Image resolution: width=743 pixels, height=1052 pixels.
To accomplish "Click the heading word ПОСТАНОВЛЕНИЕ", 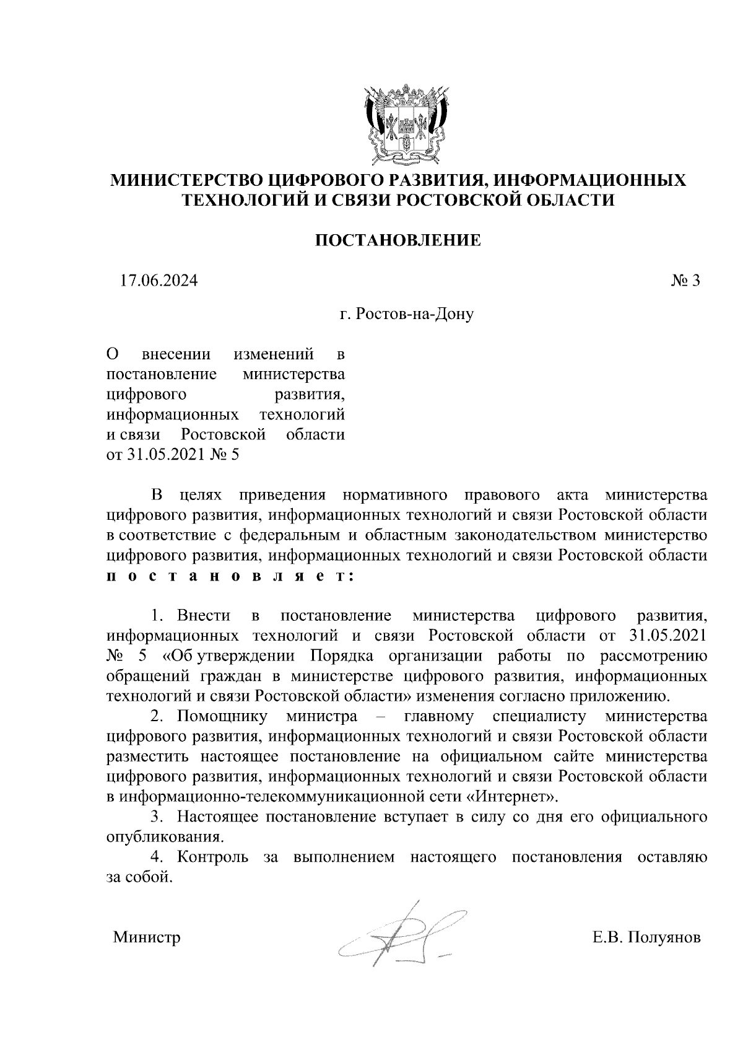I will point(399,240).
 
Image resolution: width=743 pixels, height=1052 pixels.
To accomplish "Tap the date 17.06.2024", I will point(159,281).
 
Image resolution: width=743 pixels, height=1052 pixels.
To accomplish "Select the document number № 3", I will point(685,281).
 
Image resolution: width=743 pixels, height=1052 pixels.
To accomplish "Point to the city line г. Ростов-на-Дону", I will point(407,315).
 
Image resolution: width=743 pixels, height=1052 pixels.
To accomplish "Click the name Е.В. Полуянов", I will point(646,937).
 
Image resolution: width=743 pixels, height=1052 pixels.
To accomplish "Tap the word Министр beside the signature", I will point(147,937).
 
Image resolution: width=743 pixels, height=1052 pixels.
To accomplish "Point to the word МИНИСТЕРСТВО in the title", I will point(185,180).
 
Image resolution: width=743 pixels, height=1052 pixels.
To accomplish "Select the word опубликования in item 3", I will point(164,837).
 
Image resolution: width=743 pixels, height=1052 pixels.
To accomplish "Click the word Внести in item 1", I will point(204,616).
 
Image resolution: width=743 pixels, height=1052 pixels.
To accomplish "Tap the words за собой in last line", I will point(137,877).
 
